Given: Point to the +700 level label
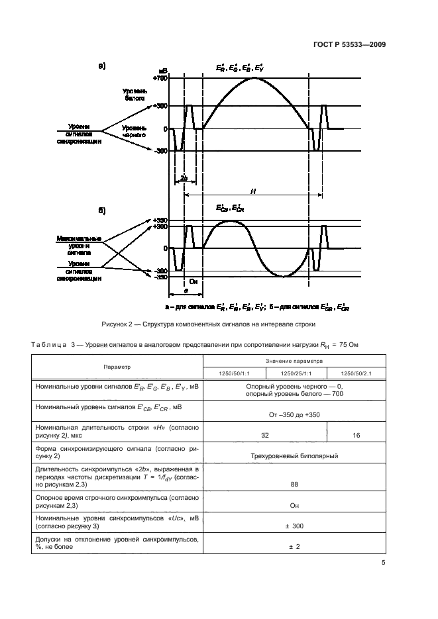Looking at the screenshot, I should pos(159,78).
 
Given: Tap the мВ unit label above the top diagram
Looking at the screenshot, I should pos(162,70).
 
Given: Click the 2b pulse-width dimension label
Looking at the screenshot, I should pos(182,179).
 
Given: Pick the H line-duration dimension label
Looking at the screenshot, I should pos(253,191).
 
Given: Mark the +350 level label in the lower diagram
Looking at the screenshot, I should pos(160,220).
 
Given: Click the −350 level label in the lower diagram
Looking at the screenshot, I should pos(160,277).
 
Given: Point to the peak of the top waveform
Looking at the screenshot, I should pos(254,78).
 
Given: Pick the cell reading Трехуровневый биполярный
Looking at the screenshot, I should pos(294,455).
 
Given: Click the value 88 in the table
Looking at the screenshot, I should pos(294,484).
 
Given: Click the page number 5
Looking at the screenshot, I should pos(383,563).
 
